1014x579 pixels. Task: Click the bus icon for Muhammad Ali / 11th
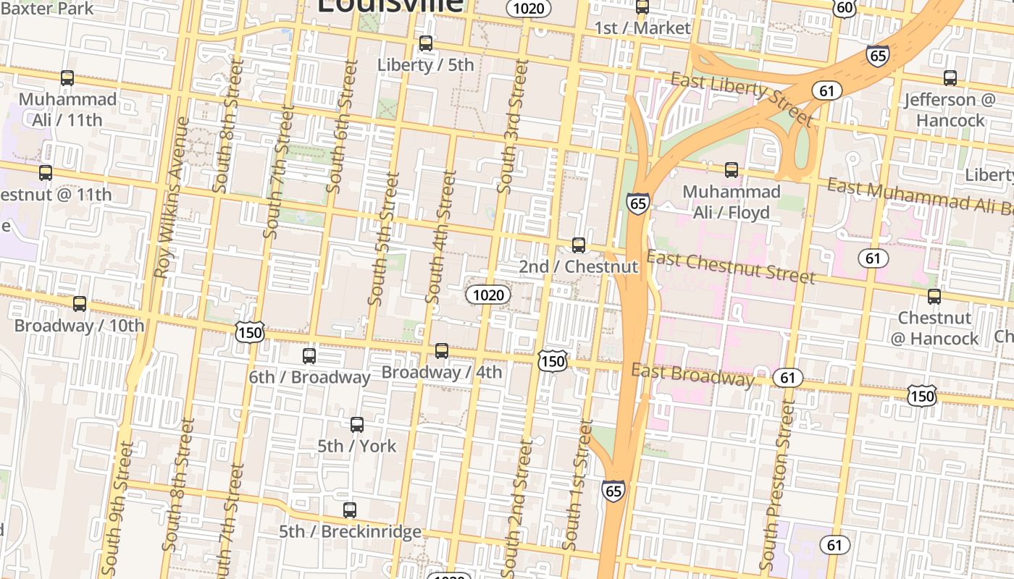(67, 78)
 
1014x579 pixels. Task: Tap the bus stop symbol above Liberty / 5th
(426, 43)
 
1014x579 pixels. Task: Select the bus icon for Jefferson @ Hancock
(950, 78)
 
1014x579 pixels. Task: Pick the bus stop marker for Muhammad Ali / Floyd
(732, 170)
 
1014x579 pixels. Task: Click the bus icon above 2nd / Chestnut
(579, 245)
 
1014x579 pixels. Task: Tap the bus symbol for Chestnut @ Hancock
(934, 297)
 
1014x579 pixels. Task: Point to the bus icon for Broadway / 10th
(80, 304)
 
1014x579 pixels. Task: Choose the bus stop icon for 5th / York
(357, 425)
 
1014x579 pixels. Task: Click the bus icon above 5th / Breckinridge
(350, 510)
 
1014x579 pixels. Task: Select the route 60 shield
(845, 8)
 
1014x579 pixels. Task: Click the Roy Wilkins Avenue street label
(171, 197)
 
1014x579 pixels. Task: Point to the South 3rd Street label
(513, 127)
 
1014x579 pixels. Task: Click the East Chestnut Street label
(731, 266)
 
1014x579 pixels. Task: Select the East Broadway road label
(692, 375)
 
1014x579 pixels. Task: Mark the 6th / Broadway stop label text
(309, 377)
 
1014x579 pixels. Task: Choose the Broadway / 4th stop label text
(442, 373)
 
